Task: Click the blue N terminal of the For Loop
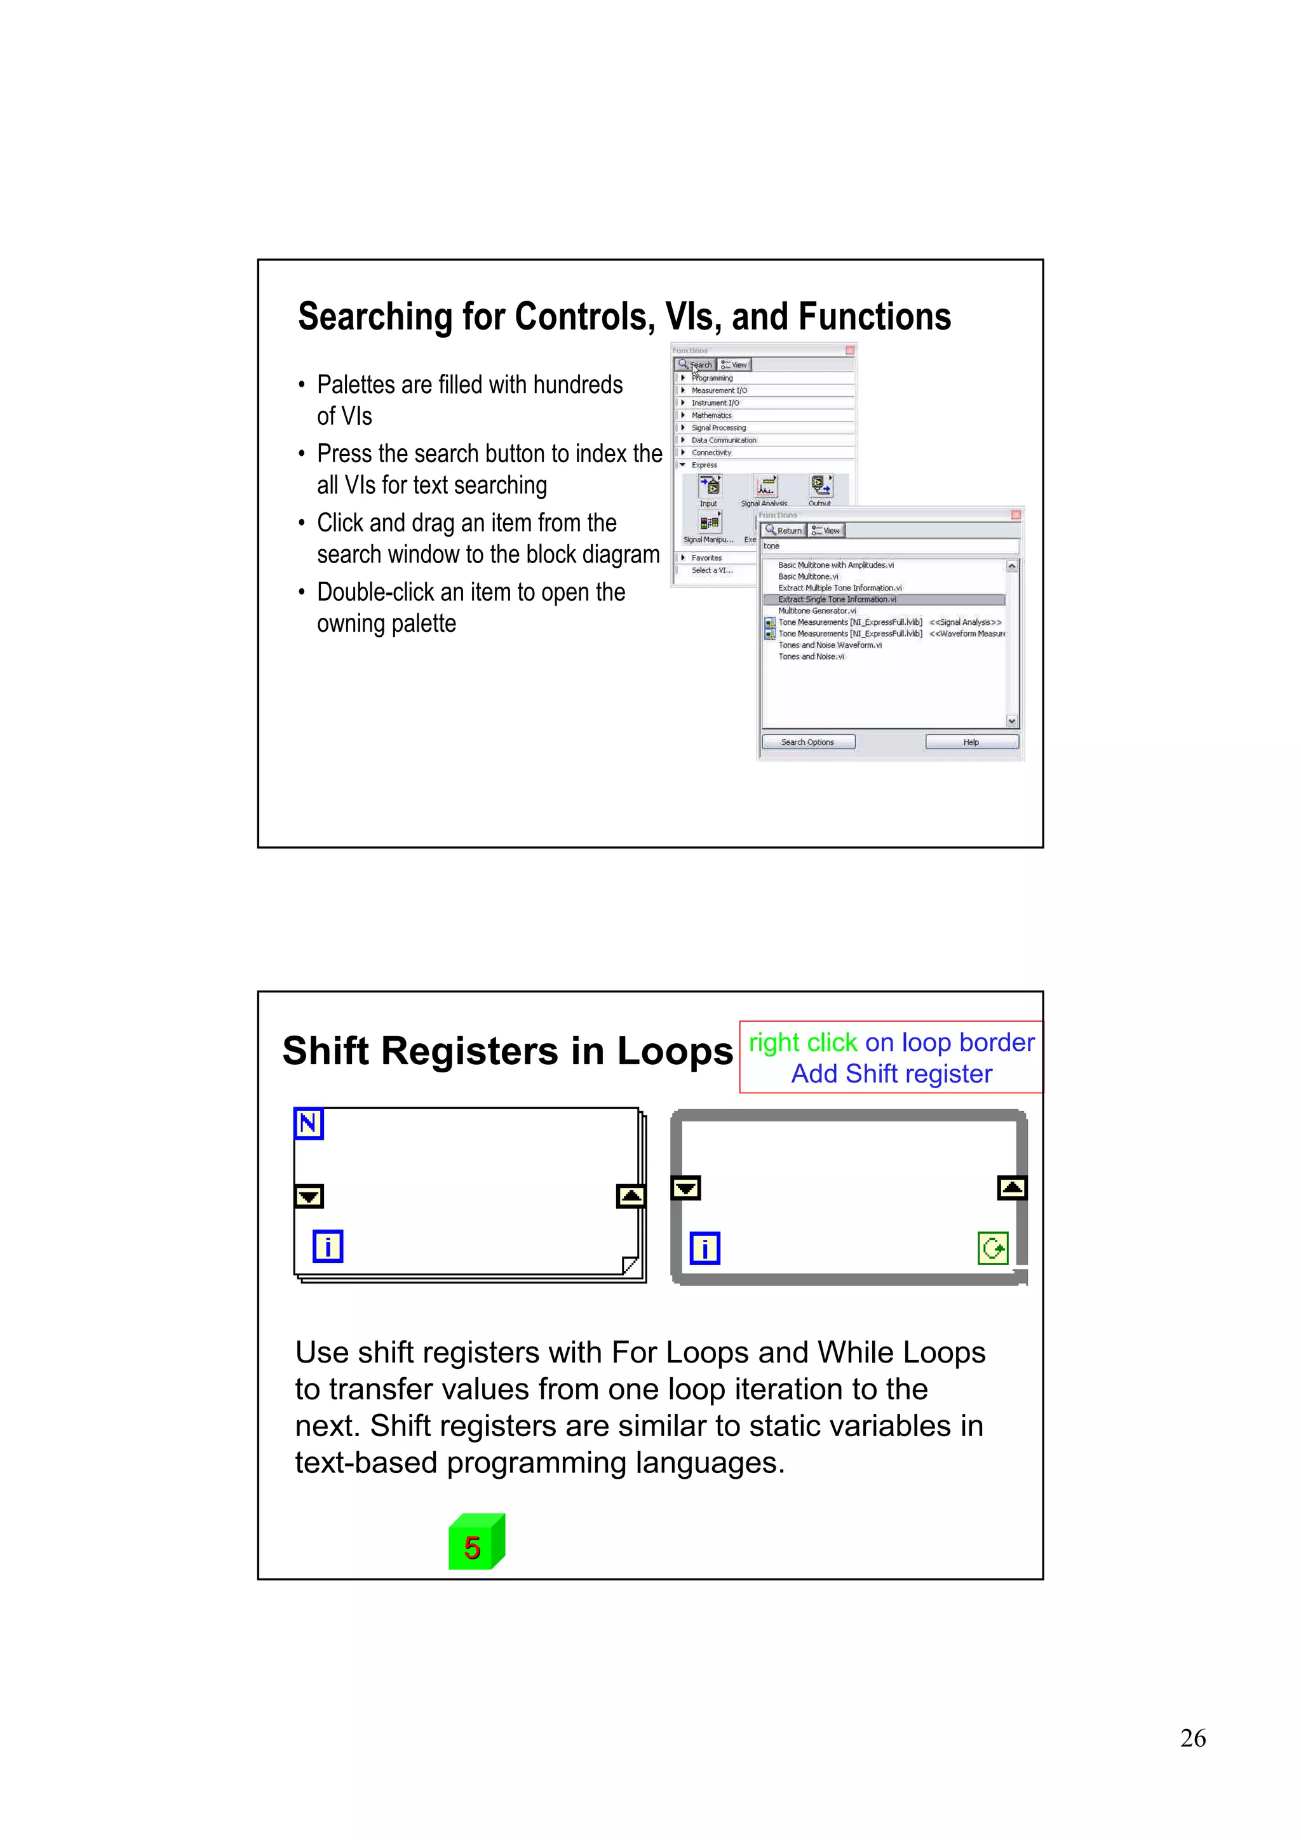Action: (309, 1124)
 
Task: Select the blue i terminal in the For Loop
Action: (328, 1246)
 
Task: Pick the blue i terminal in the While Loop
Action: (704, 1248)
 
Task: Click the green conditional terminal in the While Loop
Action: (992, 1248)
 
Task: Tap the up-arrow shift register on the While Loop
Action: (1011, 1188)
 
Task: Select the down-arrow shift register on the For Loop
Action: (309, 1196)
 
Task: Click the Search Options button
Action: (808, 742)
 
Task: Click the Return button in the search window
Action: (783, 531)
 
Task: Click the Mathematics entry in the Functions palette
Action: (712, 415)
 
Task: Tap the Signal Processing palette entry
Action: (718, 428)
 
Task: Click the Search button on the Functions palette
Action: (695, 364)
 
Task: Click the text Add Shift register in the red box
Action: (891, 1074)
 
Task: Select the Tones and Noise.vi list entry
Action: (811, 657)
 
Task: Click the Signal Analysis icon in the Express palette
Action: (765, 486)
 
